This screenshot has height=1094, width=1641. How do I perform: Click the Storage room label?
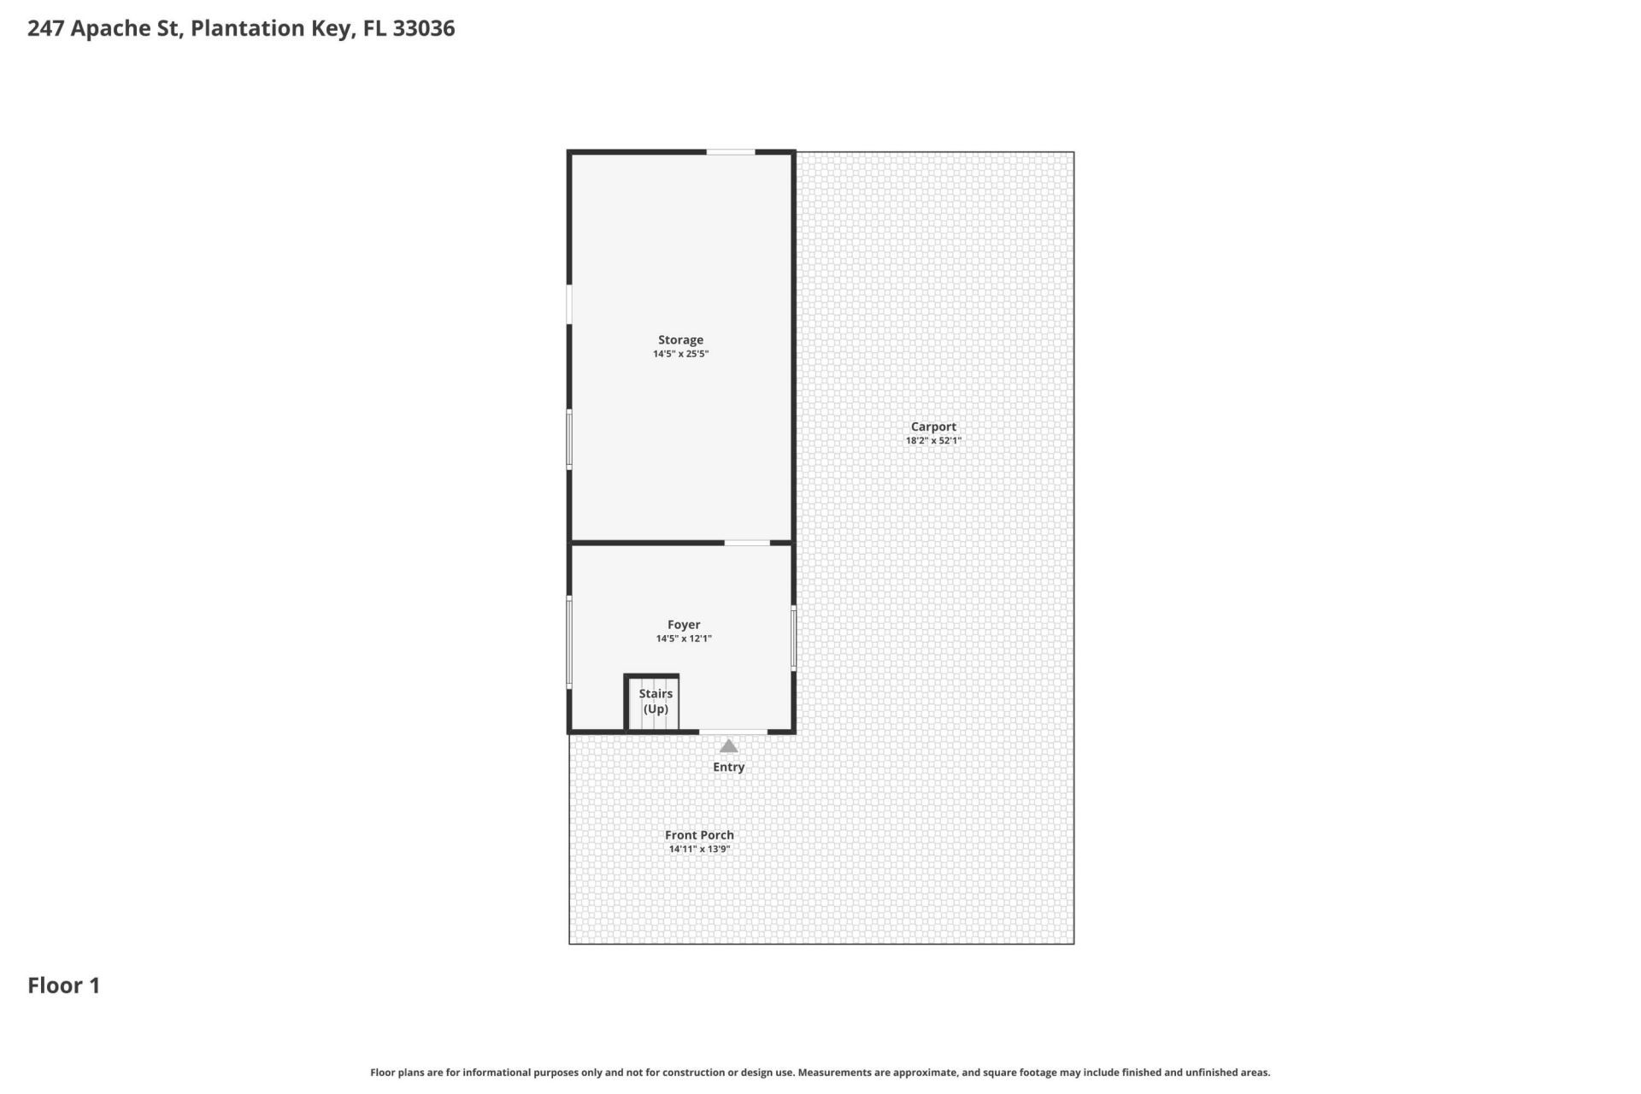pyautogui.click(x=680, y=340)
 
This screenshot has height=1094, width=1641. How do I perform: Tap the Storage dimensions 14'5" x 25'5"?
pyautogui.click(x=680, y=354)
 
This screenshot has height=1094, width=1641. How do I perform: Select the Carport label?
pyautogui.click(x=933, y=426)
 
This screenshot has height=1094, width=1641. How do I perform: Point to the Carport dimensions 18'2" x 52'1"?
pyautogui.click(x=933, y=441)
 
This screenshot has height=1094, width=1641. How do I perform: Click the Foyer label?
pyautogui.click(x=684, y=625)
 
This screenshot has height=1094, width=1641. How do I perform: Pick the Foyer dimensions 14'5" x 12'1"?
pyautogui.click(x=684, y=638)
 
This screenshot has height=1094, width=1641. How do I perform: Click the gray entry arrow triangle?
pyautogui.click(x=728, y=746)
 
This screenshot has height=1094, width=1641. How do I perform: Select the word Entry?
pyautogui.click(x=728, y=768)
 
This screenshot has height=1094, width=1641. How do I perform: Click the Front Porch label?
pyautogui.click(x=699, y=835)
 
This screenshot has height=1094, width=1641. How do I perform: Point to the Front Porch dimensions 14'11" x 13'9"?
pyautogui.click(x=699, y=849)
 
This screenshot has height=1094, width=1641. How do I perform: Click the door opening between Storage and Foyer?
pyautogui.click(x=747, y=543)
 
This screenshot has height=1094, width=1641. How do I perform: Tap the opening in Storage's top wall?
pyautogui.click(x=730, y=152)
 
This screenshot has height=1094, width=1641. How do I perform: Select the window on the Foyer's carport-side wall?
pyautogui.click(x=793, y=638)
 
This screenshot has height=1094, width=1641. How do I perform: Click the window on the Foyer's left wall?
pyautogui.click(x=569, y=641)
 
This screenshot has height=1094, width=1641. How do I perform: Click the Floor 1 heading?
pyautogui.click(x=64, y=985)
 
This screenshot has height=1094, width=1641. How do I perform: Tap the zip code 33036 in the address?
pyautogui.click(x=424, y=28)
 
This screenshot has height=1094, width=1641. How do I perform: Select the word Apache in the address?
pyautogui.click(x=125, y=28)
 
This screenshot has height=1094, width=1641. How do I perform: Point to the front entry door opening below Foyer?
pyautogui.click(x=733, y=732)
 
